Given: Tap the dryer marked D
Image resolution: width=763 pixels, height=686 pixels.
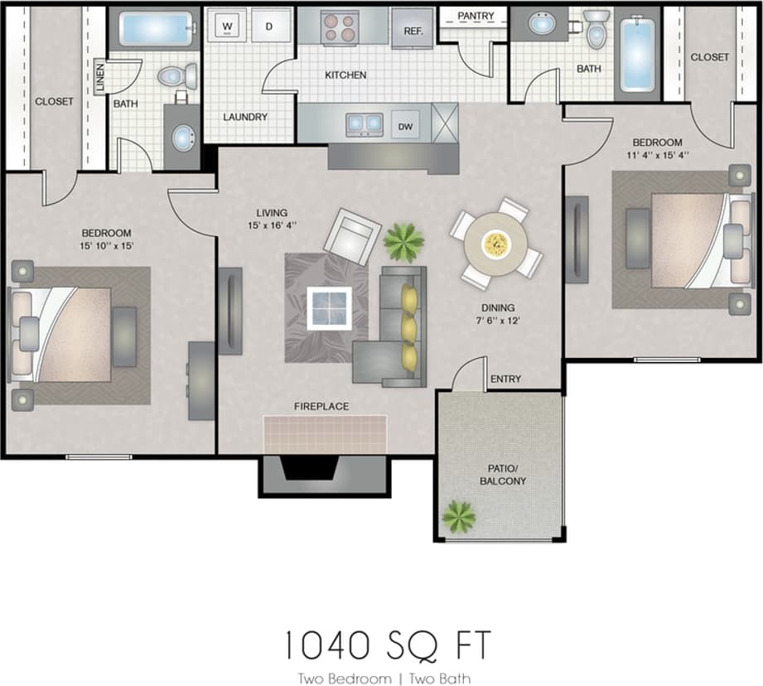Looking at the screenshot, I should tap(268, 27).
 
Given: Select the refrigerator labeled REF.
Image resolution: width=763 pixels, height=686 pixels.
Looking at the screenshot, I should tap(413, 29).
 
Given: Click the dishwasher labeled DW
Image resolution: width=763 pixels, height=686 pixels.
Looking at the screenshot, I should tap(406, 126).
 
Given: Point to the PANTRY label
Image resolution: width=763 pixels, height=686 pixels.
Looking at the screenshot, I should tap(476, 16).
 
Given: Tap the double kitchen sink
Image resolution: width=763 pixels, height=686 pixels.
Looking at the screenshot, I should tap(364, 124).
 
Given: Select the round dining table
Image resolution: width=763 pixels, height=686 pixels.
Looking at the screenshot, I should tap(495, 243).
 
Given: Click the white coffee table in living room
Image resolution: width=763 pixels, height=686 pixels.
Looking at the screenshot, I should tap(329, 307).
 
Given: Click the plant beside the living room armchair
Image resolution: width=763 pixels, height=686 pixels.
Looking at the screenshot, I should tap(403, 243).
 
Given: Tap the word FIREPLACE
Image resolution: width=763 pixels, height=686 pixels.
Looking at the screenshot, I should tap(321, 406).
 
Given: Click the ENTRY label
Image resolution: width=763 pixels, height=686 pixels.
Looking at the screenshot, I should tap(505, 379).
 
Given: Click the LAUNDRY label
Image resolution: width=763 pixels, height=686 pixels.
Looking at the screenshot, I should tap(245, 117).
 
